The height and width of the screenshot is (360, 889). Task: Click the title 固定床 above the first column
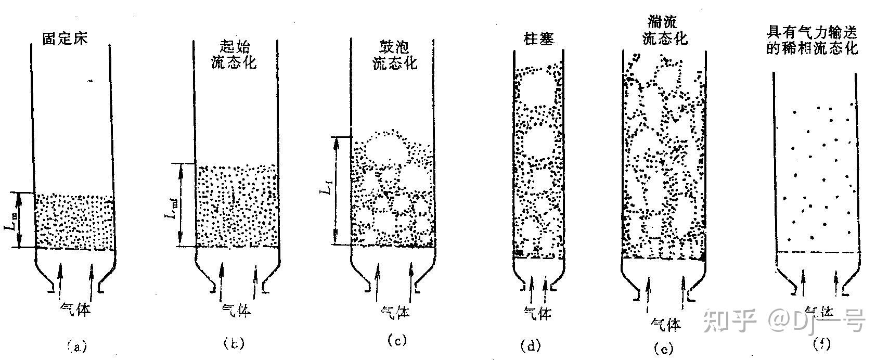click(66, 38)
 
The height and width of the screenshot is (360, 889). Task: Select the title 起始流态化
click(234, 55)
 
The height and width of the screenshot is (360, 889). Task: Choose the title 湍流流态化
click(664, 30)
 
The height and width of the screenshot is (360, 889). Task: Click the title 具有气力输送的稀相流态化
click(813, 41)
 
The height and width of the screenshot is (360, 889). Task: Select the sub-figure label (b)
click(233, 343)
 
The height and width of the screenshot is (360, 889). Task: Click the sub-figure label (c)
click(396, 341)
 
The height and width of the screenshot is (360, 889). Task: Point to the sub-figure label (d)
click(530, 345)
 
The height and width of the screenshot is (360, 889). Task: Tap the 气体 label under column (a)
click(75, 309)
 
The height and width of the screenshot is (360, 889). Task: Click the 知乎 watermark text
click(729, 320)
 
